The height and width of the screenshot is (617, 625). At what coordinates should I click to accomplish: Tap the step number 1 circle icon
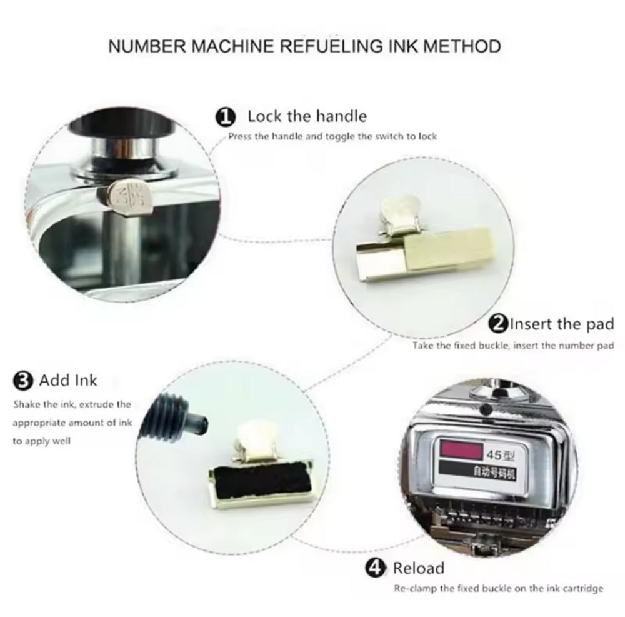coord(225,118)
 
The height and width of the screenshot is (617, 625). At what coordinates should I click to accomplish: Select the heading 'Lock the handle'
coord(307,116)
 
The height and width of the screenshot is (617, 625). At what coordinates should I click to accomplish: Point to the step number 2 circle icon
coord(498,324)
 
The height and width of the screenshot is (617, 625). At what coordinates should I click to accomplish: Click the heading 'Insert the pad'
coord(562,324)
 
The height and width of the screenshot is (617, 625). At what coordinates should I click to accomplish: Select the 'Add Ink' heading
coord(68,380)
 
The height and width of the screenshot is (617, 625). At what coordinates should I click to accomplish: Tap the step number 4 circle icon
coord(376,568)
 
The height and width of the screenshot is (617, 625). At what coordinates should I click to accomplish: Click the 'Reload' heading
coord(419,568)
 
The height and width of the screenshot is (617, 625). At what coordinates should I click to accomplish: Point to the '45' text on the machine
coord(494,454)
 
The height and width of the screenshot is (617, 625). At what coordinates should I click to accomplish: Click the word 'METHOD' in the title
coord(462,46)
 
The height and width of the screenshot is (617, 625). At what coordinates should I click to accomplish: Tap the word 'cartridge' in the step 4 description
coord(584,588)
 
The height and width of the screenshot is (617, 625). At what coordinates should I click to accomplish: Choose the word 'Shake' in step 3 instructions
coord(26,404)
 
